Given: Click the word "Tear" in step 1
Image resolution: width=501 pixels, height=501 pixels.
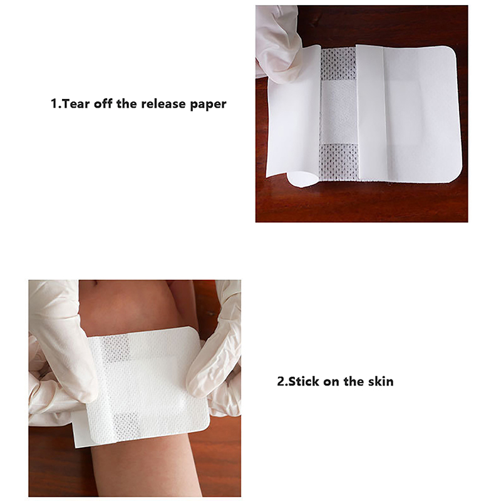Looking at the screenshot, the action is pos(74,104).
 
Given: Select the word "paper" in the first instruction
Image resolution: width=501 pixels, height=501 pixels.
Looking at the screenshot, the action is pos(208,105).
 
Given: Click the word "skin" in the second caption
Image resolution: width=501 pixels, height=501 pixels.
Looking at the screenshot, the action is pos(381,381).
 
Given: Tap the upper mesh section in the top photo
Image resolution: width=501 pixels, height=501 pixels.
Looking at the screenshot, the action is pos(338,64).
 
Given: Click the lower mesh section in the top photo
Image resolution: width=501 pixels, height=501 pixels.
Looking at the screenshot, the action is pos(339,162).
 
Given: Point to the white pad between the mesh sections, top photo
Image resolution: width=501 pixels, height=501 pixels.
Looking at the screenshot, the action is pos(339,113).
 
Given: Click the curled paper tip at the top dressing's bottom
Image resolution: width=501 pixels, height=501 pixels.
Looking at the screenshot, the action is pos(301,179).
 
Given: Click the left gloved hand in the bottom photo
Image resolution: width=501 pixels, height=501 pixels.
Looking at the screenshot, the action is pos(61,345).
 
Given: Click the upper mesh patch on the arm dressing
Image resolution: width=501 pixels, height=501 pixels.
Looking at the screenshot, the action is pos(116,348).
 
